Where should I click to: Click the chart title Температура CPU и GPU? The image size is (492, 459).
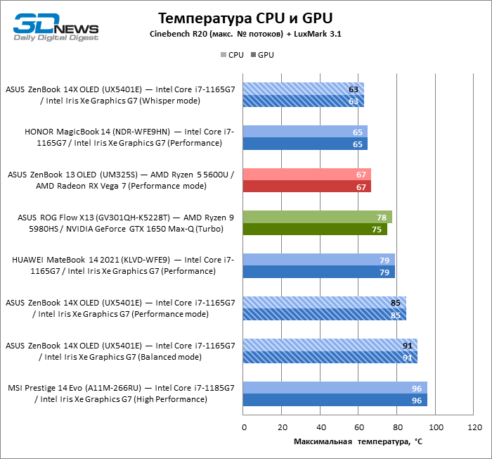(x=245, y=18)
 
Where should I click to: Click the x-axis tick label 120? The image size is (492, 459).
(x=474, y=428)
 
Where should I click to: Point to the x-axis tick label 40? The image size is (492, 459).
(x=321, y=428)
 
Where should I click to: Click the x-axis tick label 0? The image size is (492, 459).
(x=244, y=428)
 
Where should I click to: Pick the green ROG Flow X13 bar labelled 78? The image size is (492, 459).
(x=318, y=217)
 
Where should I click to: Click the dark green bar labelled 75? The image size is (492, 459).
(x=315, y=229)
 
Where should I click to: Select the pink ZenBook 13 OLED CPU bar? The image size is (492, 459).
(x=307, y=174)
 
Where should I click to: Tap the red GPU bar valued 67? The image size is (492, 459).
(x=307, y=187)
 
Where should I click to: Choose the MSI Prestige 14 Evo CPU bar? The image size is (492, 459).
(x=335, y=388)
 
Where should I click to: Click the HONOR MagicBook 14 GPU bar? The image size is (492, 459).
(x=306, y=144)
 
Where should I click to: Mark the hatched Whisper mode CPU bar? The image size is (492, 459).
(x=304, y=89)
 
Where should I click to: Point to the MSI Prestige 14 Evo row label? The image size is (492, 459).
(x=121, y=394)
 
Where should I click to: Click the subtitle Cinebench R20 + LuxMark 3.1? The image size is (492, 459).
(x=245, y=34)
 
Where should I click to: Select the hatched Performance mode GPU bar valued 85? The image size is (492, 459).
(x=325, y=315)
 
